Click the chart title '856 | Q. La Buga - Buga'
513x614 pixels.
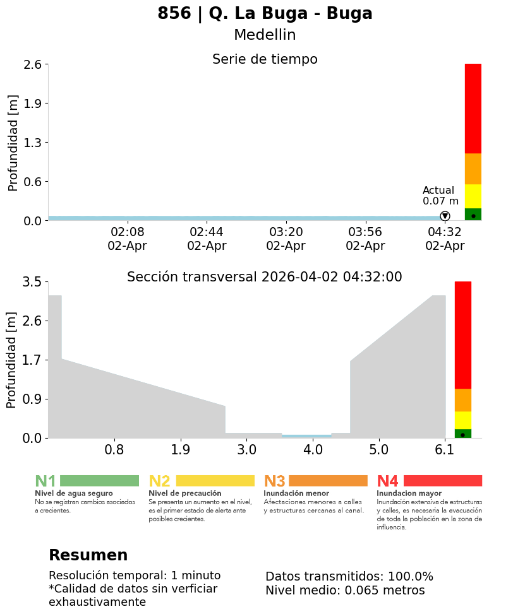click(x=265, y=14)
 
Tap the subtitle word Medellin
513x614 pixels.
click(x=265, y=35)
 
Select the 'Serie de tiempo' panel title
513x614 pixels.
click(x=265, y=59)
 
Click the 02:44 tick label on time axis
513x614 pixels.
click(x=207, y=232)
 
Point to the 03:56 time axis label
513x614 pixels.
click(x=365, y=232)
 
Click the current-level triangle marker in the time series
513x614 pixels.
click(x=445, y=216)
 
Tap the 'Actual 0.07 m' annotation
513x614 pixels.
click(x=438, y=196)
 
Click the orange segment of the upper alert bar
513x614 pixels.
click(x=473, y=168)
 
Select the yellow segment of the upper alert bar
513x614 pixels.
click(x=473, y=196)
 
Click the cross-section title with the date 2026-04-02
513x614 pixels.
click(x=264, y=277)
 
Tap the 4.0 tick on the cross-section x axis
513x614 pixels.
click(x=313, y=449)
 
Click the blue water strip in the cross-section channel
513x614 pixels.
click(x=306, y=436)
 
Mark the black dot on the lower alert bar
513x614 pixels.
click(x=462, y=435)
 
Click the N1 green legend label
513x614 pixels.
click(x=45, y=481)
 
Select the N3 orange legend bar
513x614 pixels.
click(x=328, y=481)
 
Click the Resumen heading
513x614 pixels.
click(x=88, y=555)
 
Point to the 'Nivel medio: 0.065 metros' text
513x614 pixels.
click(x=345, y=591)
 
